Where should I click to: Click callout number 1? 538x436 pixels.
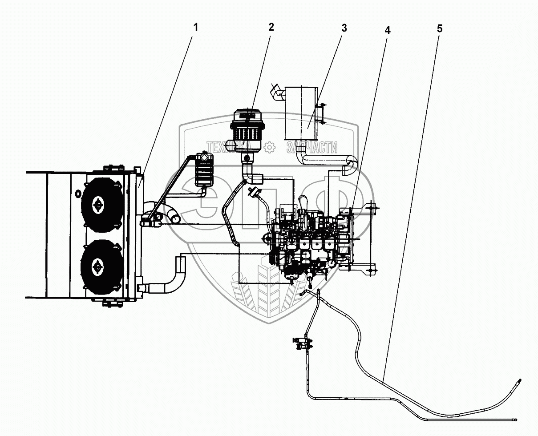[195, 28]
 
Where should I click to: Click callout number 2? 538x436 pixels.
[271, 27]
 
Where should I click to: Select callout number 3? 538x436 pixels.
[344, 28]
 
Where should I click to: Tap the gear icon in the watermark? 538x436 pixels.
[269, 147]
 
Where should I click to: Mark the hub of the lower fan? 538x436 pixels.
[97, 266]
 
